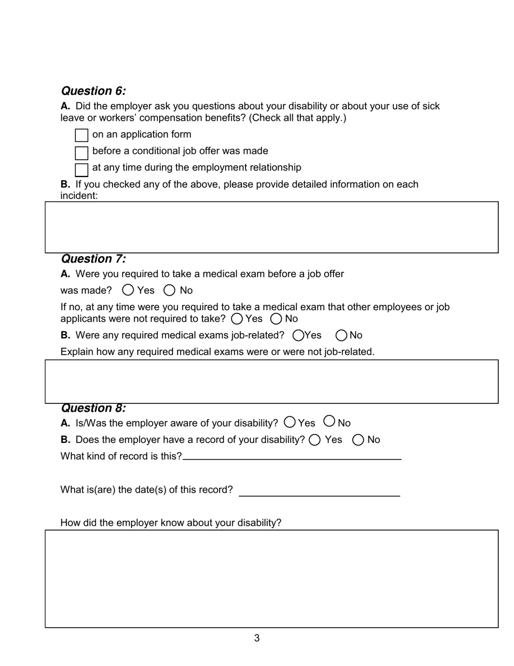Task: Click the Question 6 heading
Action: pos(93,91)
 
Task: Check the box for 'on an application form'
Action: pos(81,135)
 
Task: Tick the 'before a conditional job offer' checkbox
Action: pos(81,153)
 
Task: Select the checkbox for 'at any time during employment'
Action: pos(81,169)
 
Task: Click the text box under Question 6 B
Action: pos(271,227)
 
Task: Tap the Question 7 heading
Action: pos(93,259)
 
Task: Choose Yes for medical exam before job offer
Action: pos(128,290)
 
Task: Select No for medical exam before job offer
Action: pos(169,290)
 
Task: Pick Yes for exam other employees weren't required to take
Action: pos(237,319)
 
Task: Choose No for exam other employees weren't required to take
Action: pos(276,319)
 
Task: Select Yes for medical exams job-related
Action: pos(298,336)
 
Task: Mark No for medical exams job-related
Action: pos(341,336)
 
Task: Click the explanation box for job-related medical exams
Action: pos(271,381)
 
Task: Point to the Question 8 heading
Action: pos(93,408)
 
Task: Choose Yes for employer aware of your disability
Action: pos(290,422)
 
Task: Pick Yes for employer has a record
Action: pos(315,440)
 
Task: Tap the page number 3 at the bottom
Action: pos(257,638)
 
